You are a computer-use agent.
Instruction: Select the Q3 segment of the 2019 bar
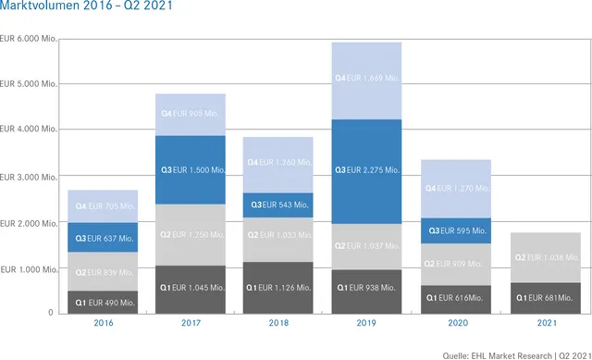click(x=366, y=170)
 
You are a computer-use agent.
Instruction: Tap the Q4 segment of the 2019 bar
click(x=366, y=80)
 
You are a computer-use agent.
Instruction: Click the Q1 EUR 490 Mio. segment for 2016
click(x=103, y=302)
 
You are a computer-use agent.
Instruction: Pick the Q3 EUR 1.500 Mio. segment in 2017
click(x=191, y=169)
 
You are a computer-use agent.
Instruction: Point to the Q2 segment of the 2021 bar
click(x=545, y=257)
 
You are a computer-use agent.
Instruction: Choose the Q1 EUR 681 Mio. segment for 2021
click(x=545, y=298)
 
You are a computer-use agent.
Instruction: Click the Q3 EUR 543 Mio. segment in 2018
click(x=278, y=205)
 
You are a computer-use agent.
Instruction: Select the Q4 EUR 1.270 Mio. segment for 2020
click(x=455, y=189)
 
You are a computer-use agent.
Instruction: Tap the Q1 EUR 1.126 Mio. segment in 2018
click(x=278, y=288)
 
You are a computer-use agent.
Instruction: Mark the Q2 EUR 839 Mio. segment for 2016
click(x=103, y=272)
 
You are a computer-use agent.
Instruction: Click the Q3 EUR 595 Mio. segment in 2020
click(x=455, y=230)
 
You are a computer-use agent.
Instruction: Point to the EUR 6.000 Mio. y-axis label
click(x=30, y=39)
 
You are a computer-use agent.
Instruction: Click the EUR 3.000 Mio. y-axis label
click(x=30, y=177)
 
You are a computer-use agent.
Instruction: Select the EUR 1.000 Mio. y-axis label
click(x=30, y=268)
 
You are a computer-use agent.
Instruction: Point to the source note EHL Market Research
click(x=509, y=352)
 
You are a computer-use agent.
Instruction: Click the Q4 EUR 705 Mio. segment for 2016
click(x=103, y=206)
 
